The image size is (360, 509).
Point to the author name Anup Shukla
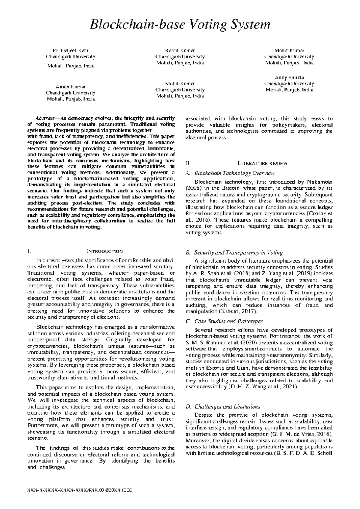[289, 78]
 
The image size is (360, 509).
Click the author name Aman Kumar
[70, 87]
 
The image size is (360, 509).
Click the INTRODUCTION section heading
[105, 251]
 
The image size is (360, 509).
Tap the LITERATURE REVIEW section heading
[263, 163]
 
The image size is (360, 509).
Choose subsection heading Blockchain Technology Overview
[234, 173]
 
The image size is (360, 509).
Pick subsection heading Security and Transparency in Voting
[238, 252]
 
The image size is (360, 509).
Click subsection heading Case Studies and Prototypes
[229, 321]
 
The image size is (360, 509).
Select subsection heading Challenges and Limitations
[227, 407]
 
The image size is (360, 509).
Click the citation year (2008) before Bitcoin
[193, 188]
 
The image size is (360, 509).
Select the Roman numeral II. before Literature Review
[188, 163]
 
